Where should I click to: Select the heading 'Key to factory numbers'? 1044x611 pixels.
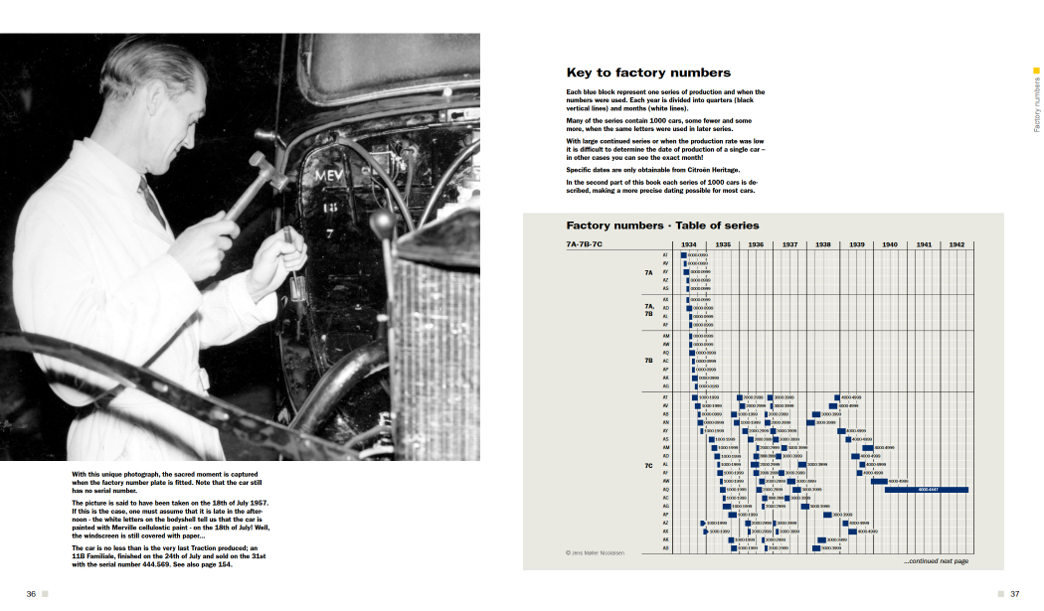coord(648,73)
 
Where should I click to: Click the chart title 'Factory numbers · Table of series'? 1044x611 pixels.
coord(662,226)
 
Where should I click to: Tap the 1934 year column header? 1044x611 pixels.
coord(689,244)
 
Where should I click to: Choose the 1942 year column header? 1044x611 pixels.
coord(957,244)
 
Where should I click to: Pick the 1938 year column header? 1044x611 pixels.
coord(823,244)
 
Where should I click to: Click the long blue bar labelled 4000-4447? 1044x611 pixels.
coord(927,490)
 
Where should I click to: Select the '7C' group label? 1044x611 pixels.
coord(648,465)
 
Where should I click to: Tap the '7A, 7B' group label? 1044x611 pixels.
coord(648,311)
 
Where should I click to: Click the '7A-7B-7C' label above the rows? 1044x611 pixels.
coord(584,244)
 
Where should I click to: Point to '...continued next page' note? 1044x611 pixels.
coord(936,562)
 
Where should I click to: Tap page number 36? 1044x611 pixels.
coord(31,594)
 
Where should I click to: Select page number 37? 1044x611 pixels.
coord(1015,594)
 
